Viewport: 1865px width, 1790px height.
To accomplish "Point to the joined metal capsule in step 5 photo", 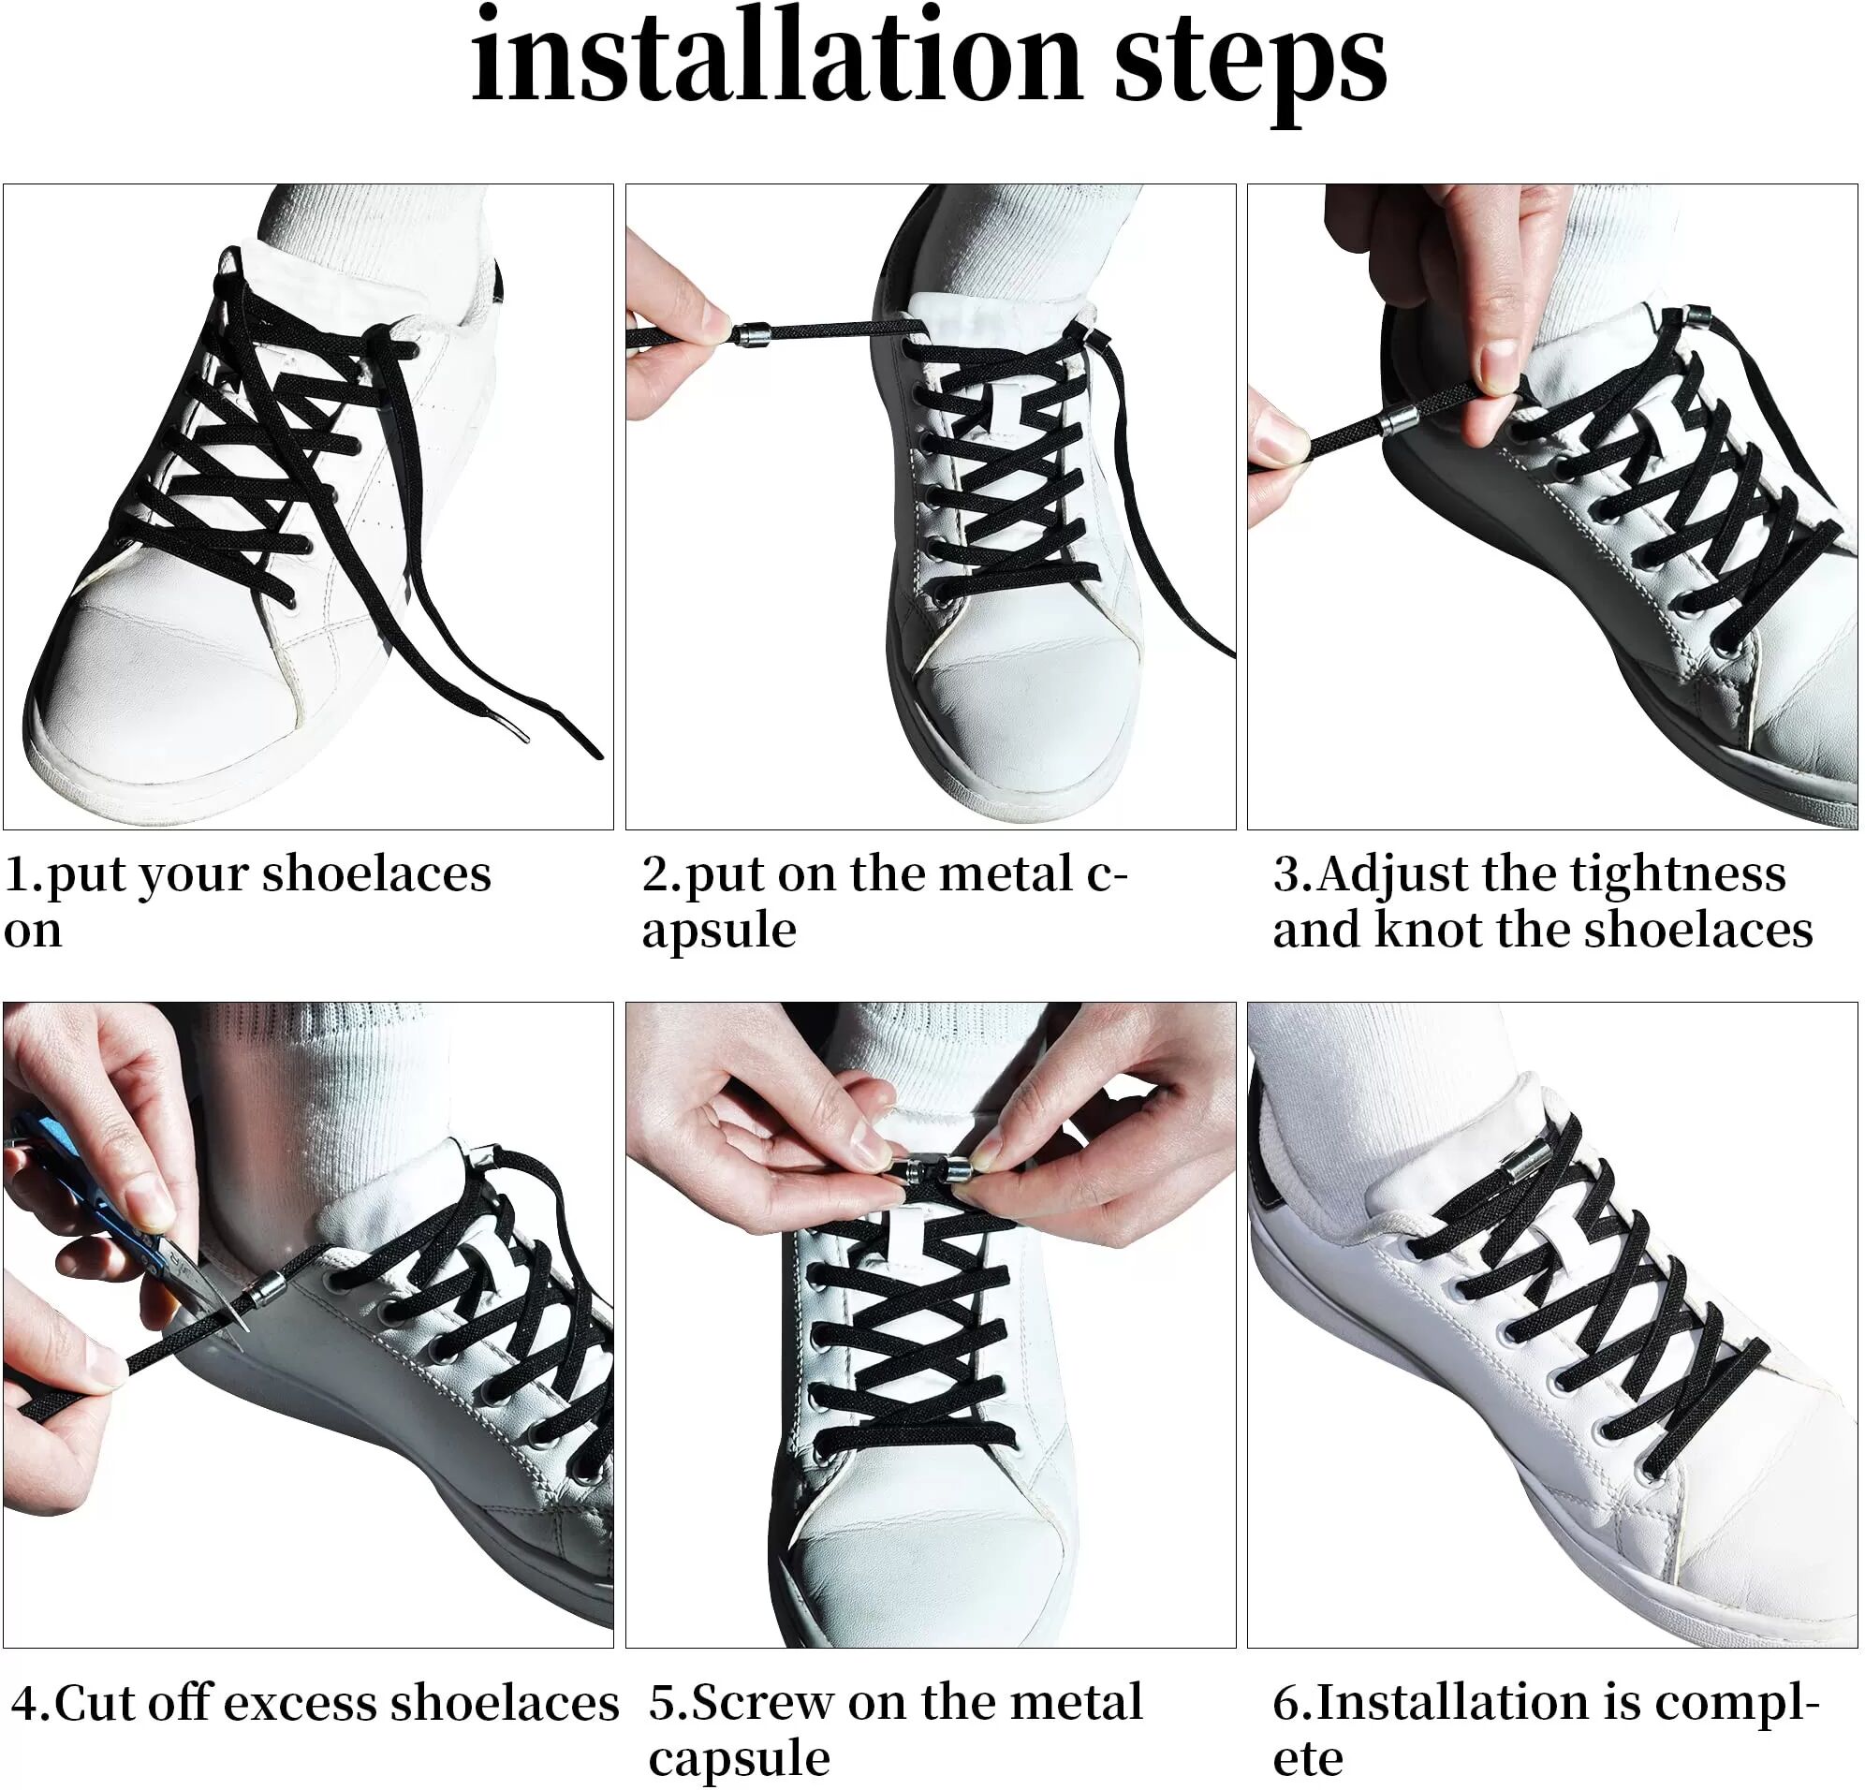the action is [x=932, y=1167].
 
